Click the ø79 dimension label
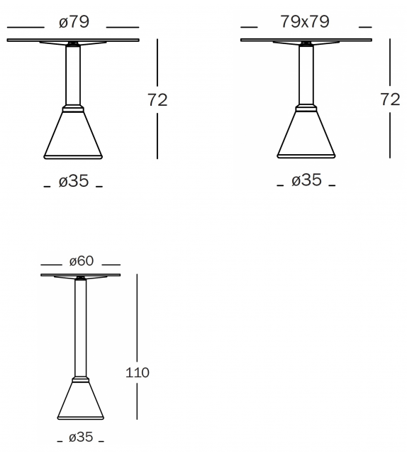tap(74, 22)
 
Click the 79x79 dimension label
tap(305, 21)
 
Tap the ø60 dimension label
tap(82, 261)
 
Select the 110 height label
tap(138, 372)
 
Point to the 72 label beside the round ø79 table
tap(157, 99)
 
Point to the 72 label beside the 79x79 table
tap(390, 99)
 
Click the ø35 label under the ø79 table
tap(74, 181)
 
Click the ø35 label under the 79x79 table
tap(306, 180)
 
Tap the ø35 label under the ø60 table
tap(81, 437)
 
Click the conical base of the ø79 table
tap(73, 134)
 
